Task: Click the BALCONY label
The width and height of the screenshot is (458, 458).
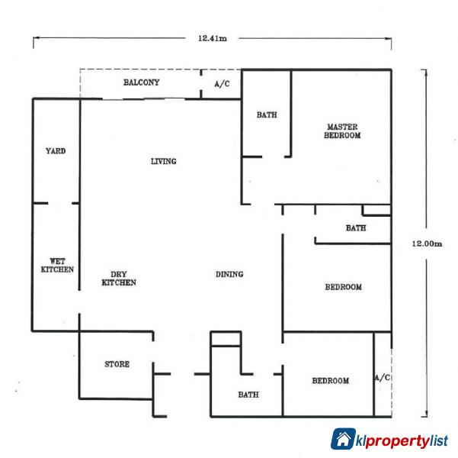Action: tap(141, 82)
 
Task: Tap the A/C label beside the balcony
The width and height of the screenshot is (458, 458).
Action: tap(222, 84)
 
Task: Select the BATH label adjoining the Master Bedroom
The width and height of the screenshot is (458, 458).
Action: tap(266, 115)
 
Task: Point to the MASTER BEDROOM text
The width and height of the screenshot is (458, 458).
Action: tap(342, 131)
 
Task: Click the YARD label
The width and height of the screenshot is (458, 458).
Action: tap(56, 151)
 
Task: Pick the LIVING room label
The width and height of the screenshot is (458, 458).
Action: tap(163, 161)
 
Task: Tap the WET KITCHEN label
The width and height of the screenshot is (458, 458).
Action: tap(56, 265)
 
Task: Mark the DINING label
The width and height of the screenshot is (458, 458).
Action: tap(229, 274)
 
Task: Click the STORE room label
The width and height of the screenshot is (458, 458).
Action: tap(117, 364)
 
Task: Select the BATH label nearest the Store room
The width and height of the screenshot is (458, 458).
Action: tap(248, 395)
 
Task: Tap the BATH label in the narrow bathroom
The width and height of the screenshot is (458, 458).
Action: tap(355, 227)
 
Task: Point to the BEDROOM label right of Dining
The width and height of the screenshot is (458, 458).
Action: tap(343, 287)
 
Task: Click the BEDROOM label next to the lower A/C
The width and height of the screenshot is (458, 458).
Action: tap(330, 380)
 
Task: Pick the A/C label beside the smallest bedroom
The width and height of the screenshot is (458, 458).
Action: tap(383, 378)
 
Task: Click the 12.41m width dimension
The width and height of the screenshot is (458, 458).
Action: tap(212, 38)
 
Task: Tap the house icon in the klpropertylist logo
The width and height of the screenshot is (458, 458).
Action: tap(342, 439)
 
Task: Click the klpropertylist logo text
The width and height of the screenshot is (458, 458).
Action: tap(402, 440)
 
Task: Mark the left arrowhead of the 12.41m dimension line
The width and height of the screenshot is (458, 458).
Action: tap(35, 39)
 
